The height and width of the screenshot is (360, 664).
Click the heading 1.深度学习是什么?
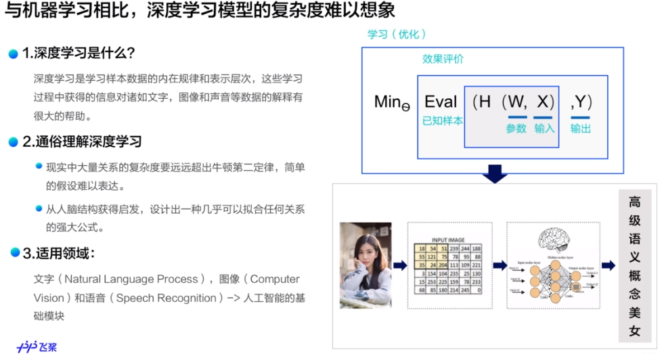click(79, 53)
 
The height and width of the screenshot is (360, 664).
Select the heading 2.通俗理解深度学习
click(82, 141)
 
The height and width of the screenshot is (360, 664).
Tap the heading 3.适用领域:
click(58, 254)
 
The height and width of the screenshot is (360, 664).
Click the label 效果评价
click(443, 59)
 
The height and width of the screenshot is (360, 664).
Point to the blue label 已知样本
click(442, 121)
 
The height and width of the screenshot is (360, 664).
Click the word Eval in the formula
click(441, 102)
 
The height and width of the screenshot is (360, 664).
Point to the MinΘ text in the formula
click(392, 103)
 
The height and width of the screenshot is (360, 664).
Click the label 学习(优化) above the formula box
click(397, 35)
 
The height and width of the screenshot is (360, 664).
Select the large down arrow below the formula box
click(495, 173)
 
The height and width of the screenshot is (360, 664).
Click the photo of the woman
click(366, 265)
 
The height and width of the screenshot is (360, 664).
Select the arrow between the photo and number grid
click(399, 265)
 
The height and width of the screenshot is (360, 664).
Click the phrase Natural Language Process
click(133, 279)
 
